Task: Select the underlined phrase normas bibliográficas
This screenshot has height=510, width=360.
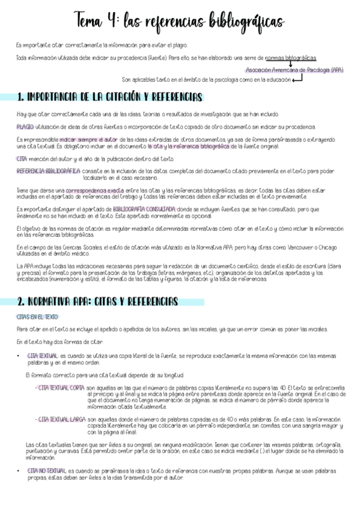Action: pyautogui.click(x=291, y=58)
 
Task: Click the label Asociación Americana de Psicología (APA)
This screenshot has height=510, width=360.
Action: pyautogui.click(x=294, y=70)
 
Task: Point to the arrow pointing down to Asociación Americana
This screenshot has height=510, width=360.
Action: pyautogui.click(x=290, y=64)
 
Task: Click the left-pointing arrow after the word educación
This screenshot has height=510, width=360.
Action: pyautogui.click(x=297, y=79)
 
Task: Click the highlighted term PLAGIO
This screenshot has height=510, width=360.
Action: pyautogui.click(x=25, y=127)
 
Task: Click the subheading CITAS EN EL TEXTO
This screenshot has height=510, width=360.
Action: pyautogui.click(x=38, y=316)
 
